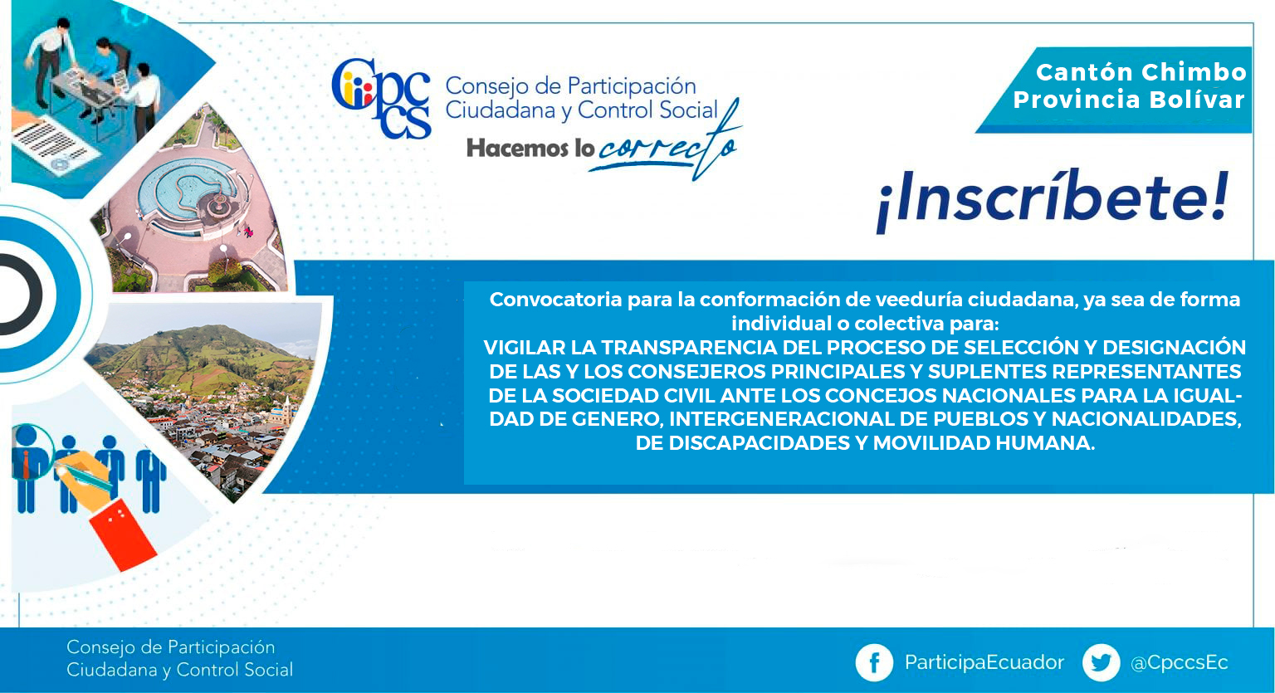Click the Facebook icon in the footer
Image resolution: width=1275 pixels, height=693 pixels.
874,662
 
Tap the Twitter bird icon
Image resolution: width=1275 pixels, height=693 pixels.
1101,662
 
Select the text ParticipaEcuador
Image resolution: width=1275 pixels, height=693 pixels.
984,663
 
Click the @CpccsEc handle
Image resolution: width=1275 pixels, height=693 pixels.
1179,663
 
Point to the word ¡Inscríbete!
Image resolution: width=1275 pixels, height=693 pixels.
1053,199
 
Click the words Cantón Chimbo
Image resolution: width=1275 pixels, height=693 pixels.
1141,73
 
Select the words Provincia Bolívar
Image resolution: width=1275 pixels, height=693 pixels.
1129,100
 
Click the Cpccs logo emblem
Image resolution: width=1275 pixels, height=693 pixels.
381,99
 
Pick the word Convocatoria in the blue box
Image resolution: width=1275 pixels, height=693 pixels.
555,300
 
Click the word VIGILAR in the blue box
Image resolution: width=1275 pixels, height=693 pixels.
525,348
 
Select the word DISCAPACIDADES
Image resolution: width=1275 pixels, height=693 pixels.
760,443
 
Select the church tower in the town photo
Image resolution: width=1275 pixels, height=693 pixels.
287,410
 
